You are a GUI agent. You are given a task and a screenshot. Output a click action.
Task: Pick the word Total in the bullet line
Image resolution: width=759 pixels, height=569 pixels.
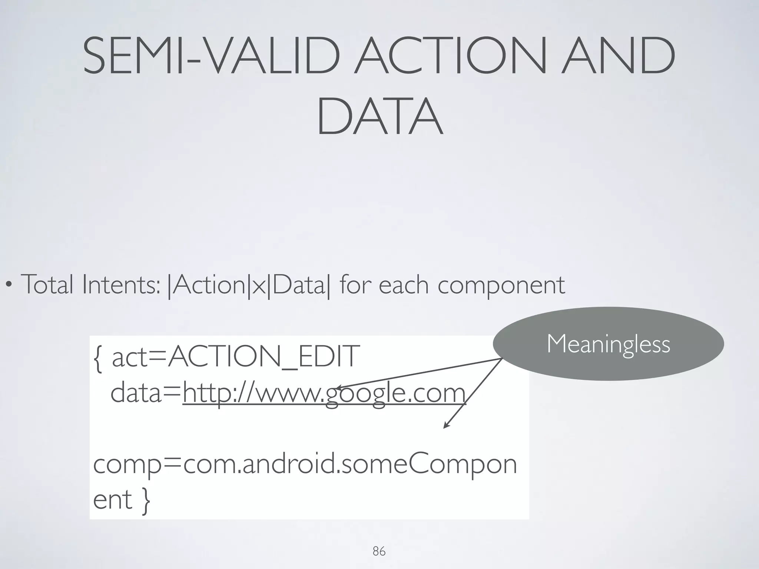[47, 284]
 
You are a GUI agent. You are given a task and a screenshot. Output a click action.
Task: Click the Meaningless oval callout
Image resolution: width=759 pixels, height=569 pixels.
[608, 344]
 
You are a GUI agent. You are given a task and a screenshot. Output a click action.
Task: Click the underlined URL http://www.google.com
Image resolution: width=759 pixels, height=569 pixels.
[324, 393]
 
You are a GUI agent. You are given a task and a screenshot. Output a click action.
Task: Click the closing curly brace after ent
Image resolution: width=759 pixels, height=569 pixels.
[146, 500]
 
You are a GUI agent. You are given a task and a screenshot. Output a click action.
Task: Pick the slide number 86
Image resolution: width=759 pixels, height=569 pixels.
[379, 552]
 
